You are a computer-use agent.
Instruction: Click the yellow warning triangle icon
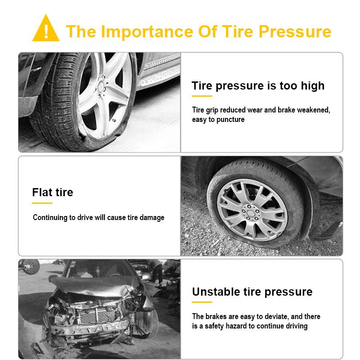click(46, 28)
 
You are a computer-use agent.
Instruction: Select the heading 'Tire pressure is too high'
click(258, 85)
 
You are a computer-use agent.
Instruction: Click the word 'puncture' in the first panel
click(230, 120)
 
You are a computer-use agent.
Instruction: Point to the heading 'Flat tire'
click(52, 192)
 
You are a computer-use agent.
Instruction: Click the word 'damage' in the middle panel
click(150, 218)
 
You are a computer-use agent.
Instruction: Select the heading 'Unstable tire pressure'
click(252, 292)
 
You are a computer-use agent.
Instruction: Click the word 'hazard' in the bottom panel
click(239, 326)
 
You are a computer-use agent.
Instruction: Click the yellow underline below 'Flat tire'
click(42, 203)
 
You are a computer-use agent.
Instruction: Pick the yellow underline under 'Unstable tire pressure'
click(202, 303)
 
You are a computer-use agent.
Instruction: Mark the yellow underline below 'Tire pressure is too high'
click(202, 96)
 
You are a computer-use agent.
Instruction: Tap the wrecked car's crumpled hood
click(90, 283)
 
